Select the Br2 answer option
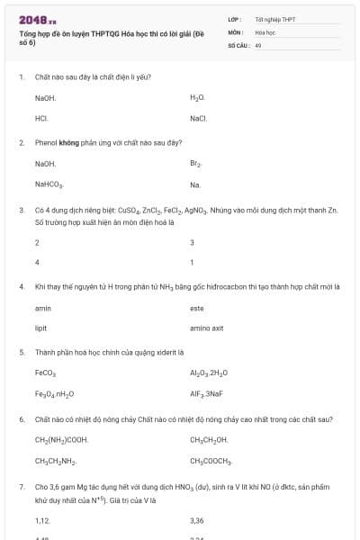point(196,164)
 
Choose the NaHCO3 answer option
point(49,185)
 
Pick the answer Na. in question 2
point(195,184)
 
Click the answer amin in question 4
point(42,308)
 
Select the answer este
point(197,308)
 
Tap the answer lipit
point(40,328)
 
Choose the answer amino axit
point(206,328)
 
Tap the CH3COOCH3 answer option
point(211,461)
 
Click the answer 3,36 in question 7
point(197,520)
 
